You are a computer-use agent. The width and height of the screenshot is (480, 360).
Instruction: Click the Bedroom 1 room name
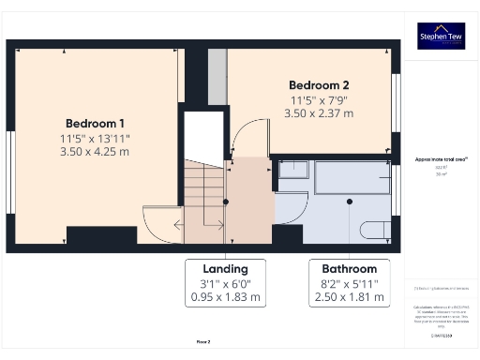(95, 123)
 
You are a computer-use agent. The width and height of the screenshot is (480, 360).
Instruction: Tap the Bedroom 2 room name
(319, 83)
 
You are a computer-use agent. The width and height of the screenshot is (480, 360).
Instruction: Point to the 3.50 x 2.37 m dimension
(319, 112)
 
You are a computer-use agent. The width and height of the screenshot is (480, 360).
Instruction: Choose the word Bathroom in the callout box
(349, 268)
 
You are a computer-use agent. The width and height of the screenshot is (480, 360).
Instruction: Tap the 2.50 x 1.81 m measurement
(349, 298)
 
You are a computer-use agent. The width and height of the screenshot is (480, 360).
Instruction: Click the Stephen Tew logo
(441, 36)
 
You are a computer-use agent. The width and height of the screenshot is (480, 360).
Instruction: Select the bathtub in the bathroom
(351, 176)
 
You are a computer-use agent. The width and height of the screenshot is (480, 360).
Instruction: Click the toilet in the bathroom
(373, 230)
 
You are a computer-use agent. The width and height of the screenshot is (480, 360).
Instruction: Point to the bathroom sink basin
(292, 170)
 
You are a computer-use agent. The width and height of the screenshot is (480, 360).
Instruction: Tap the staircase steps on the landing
(203, 192)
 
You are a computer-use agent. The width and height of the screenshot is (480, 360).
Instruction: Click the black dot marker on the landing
(226, 202)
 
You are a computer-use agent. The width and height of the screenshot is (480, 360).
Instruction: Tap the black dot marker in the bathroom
(349, 201)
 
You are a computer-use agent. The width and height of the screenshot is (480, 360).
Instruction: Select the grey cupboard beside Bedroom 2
(217, 77)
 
